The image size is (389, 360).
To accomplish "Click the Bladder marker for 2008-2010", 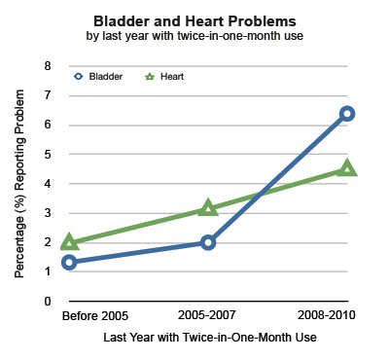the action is (347, 107).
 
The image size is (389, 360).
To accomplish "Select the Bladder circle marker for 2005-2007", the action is (208, 235).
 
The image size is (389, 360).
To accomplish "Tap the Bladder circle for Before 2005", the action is (69, 256).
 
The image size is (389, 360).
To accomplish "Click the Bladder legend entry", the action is (98, 77).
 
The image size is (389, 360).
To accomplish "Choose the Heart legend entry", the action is (164, 77).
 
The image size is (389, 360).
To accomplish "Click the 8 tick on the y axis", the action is (48, 66).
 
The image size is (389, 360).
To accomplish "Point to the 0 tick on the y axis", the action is (48, 302).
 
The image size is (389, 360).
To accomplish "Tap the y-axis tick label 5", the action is (48, 155).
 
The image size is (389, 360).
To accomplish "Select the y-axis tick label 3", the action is (48, 213).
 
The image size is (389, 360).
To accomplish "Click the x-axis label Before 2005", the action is (95, 315).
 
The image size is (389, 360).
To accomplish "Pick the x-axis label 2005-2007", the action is (206, 315).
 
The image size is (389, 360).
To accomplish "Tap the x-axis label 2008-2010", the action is (327, 315).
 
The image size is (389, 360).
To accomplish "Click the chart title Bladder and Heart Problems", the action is (194, 21).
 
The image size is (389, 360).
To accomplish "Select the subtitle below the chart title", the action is (194, 35).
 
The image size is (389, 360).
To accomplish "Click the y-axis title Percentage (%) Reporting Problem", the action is (19, 184).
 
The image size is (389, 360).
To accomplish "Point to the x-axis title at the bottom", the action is (210, 338).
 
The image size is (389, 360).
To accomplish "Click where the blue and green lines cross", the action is (261, 194).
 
